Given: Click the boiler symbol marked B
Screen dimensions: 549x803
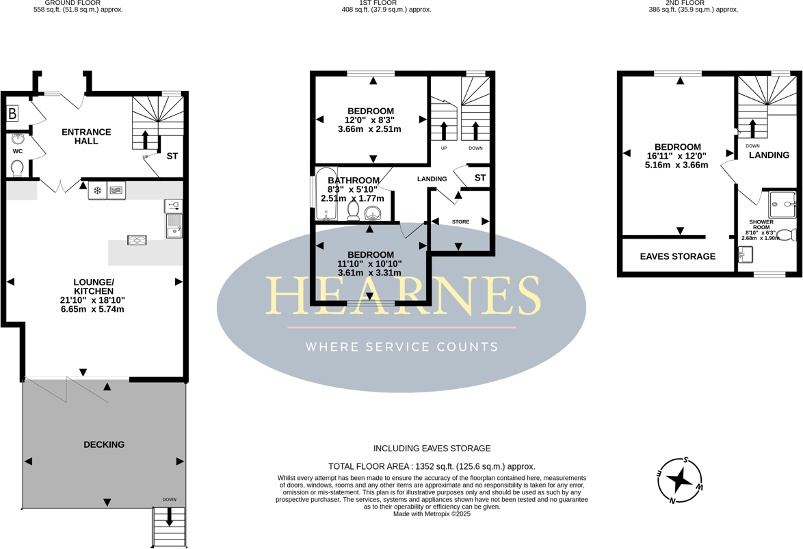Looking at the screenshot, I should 12,114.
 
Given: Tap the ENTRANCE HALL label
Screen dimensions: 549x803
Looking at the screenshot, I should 86,136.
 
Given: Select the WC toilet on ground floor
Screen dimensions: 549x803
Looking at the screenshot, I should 18,168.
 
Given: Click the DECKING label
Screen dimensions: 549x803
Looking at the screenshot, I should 104,444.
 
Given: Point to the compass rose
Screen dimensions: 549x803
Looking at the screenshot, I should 679,480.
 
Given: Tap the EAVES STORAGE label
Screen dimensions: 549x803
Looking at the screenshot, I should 677,256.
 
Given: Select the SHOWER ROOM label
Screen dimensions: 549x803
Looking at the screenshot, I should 761,226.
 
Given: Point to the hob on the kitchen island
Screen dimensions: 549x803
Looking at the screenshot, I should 136,240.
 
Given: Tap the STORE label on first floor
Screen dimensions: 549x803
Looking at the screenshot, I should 460,222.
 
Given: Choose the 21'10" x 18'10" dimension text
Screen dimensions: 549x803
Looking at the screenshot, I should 92,300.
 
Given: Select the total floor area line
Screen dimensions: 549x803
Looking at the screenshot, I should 432,466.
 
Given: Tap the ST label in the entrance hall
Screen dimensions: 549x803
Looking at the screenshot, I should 172,156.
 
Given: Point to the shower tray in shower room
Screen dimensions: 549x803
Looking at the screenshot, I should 782,204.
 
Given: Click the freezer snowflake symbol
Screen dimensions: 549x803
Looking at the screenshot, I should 97,191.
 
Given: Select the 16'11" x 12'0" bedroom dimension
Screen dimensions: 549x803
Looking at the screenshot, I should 677,156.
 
